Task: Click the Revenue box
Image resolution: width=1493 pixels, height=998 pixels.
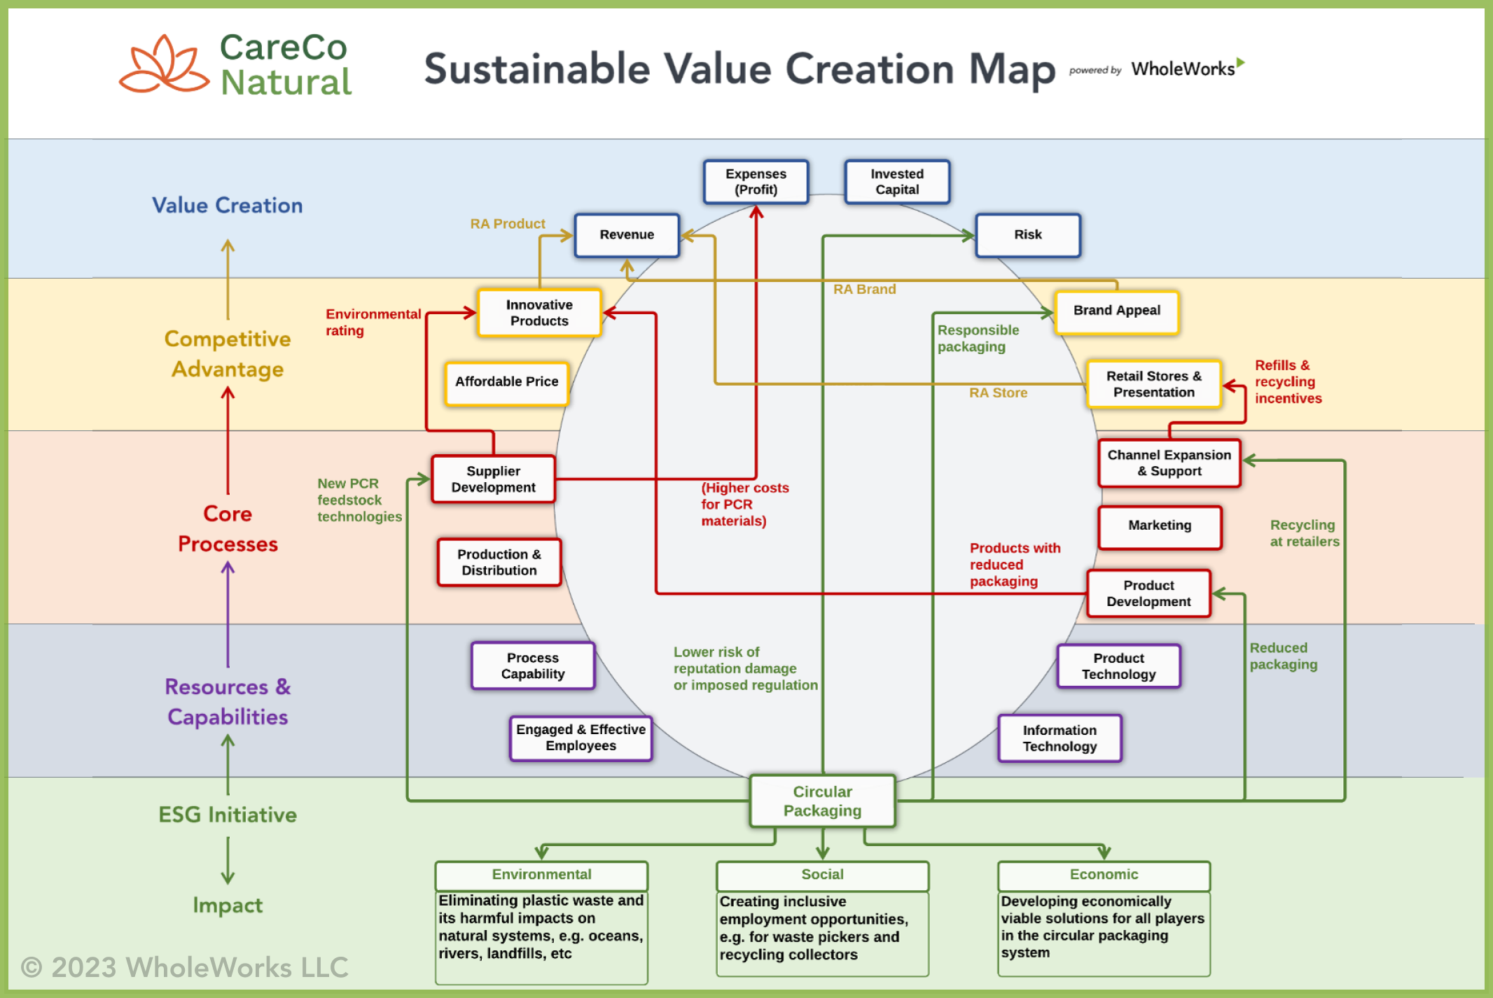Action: pyautogui.click(x=627, y=235)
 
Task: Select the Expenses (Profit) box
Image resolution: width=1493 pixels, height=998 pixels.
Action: pyautogui.click(x=756, y=182)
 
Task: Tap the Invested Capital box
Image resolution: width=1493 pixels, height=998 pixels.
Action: pyautogui.click(x=897, y=182)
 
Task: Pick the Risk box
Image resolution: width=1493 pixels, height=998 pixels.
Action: pyautogui.click(x=1027, y=235)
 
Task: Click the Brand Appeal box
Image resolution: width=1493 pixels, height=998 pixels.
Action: pyautogui.click(x=1116, y=311)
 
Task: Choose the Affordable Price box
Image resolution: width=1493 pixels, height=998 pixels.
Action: pyautogui.click(x=506, y=382)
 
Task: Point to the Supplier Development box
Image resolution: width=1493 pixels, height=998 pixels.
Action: pyautogui.click(x=493, y=479)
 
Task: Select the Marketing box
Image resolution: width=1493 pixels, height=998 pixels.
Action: pyautogui.click(x=1160, y=526)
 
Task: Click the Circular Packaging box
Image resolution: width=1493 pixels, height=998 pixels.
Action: pyautogui.click(x=822, y=801)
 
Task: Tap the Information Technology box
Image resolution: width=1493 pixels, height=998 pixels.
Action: pyautogui.click(x=1060, y=738)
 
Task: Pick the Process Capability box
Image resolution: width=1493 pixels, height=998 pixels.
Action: pyautogui.click(x=533, y=666)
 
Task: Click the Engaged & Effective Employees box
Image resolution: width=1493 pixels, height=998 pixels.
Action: pyautogui.click(x=581, y=738)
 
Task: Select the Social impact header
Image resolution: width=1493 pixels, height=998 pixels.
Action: pyautogui.click(x=822, y=875)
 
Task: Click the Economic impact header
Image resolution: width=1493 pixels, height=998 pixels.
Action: pyautogui.click(x=1104, y=875)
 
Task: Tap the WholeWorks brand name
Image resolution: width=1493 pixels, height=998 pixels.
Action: pyautogui.click(x=1183, y=69)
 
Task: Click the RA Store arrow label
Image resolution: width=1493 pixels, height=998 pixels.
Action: pyautogui.click(x=998, y=393)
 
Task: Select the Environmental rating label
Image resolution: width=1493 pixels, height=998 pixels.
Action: pyautogui.click(x=373, y=323)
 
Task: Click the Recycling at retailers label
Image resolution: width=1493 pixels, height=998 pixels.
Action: pyautogui.click(x=1304, y=533)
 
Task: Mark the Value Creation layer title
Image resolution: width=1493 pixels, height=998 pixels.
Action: pyautogui.click(x=228, y=206)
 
